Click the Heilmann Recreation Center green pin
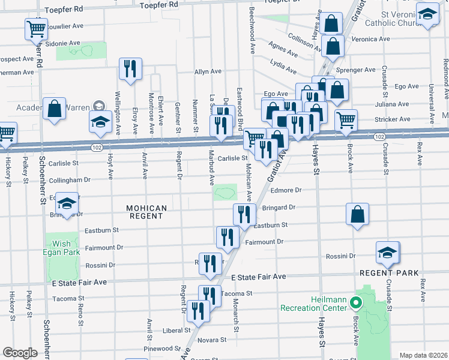[x=355, y=302]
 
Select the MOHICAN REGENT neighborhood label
[x=146, y=212]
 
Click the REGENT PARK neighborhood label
[x=388, y=273]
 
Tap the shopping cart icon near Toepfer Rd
[x=36, y=28]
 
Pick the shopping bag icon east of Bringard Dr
[x=357, y=214]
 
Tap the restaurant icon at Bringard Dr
[x=244, y=214]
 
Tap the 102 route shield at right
[x=378, y=137]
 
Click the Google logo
[x=20, y=353]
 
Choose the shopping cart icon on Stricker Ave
[x=346, y=119]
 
